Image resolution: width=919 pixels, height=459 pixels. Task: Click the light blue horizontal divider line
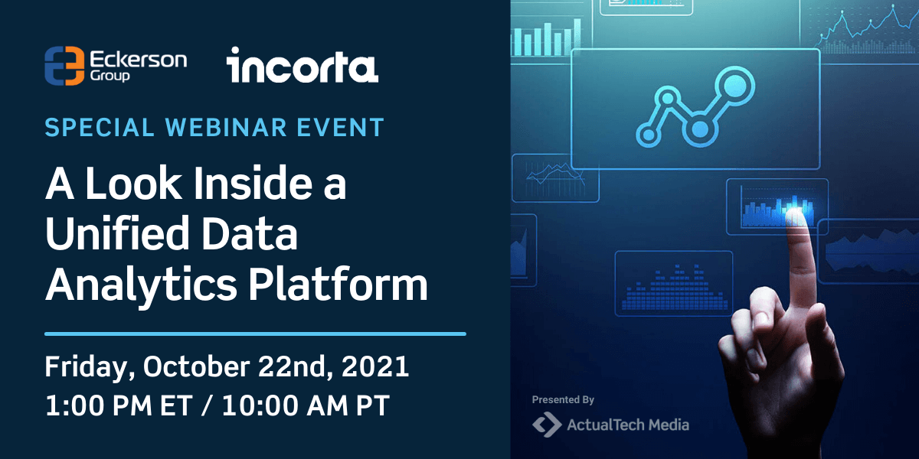click(x=255, y=334)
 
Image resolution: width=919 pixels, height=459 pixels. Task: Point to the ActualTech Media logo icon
click(x=547, y=425)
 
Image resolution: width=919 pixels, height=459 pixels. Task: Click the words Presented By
click(x=563, y=399)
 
